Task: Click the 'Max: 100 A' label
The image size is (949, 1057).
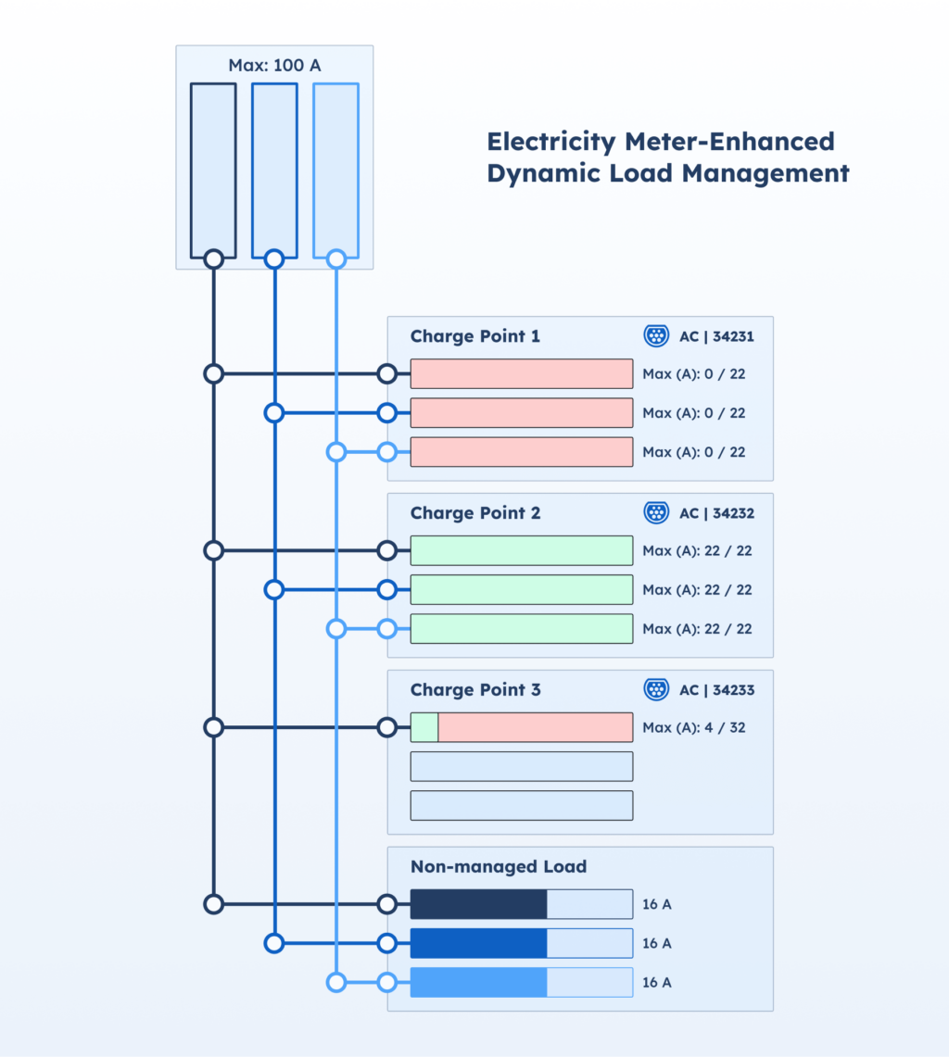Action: click(x=274, y=66)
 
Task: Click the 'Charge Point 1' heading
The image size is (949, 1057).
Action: click(x=474, y=336)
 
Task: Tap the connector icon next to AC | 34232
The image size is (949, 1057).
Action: click(x=656, y=513)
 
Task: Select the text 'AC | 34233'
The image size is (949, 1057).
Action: click(x=716, y=690)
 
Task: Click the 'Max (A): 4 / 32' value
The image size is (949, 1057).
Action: click(x=693, y=728)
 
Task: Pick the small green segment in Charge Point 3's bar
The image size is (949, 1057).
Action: click(x=424, y=728)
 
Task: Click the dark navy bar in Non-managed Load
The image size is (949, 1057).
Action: click(x=478, y=904)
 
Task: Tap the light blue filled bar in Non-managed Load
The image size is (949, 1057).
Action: click(x=478, y=982)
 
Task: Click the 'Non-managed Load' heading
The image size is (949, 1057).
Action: click(x=499, y=867)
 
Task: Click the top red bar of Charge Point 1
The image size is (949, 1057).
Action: click(x=522, y=374)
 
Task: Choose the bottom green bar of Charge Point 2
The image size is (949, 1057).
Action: click(x=522, y=629)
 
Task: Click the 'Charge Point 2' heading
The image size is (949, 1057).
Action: click(x=474, y=513)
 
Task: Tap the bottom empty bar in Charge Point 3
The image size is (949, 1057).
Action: click(x=522, y=806)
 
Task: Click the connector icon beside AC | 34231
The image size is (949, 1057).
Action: click(x=656, y=336)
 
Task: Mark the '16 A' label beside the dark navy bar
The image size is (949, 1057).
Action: click(x=656, y=904)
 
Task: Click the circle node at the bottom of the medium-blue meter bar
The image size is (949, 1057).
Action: click(x=273, y=259)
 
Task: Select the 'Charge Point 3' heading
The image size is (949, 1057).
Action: click(x=474, y=690)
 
